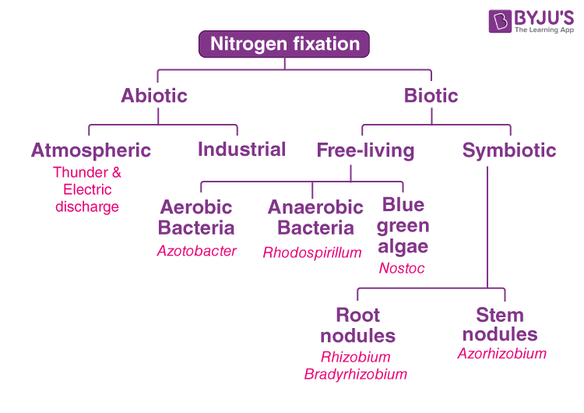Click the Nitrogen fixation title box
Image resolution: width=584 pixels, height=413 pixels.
coord(284,44)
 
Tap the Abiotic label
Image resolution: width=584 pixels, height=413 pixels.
coord(154,95)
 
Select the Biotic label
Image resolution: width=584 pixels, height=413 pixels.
coord(431,95)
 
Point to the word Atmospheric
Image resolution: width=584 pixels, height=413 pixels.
coord(91,150)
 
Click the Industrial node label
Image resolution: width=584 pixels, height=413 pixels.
coord(241,149)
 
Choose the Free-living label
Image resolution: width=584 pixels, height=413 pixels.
coord(365,150)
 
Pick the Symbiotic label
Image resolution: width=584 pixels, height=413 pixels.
coord(509,150)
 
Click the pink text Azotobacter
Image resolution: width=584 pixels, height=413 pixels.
coord(197,251)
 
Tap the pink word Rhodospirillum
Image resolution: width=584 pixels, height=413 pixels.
coord(312,252)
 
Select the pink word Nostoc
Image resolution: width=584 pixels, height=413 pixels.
coord(402,268)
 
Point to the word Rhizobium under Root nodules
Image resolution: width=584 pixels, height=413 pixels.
coord(356,357)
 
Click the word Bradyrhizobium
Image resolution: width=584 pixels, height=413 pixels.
coord(356,374)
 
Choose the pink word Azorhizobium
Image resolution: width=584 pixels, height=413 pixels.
coord(502,353)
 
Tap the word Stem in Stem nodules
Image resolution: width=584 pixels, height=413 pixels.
coord(500,315)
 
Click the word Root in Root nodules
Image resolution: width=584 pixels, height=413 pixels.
coord(358,315)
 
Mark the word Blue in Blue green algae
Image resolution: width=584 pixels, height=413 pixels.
coord(403,205)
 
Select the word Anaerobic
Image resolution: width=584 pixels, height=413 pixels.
coord(315,206)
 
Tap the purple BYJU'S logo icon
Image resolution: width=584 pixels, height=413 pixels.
coord(500,21)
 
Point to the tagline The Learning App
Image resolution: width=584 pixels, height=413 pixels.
coord(544,30)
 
